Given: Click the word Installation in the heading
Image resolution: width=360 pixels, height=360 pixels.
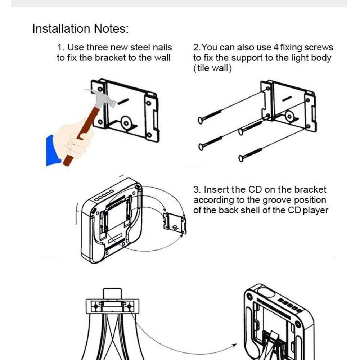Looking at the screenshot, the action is point(61,29).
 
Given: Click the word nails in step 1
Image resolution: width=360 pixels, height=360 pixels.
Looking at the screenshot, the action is point(161,48).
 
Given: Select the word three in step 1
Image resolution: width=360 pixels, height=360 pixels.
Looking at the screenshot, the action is point(97,48).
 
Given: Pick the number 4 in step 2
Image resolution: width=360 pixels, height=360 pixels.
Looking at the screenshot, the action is point(276,48).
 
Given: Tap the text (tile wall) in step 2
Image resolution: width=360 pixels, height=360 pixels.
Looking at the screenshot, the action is point(213,68).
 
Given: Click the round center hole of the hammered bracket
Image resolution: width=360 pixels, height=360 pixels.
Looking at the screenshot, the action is point(126,123).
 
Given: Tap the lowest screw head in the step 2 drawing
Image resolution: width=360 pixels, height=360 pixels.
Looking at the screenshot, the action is point(241,158).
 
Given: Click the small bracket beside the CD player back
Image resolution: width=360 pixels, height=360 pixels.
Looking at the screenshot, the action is point(175,224).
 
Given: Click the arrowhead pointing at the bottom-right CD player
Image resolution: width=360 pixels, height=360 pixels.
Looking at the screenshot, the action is point(234,345).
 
